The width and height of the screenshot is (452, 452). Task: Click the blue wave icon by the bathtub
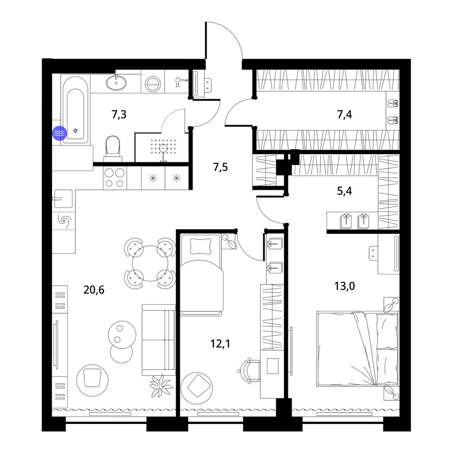[59, 133]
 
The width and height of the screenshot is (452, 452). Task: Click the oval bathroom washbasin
[116, 83]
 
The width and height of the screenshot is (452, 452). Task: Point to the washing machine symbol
[152, 84]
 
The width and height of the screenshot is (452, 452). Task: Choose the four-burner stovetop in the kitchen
[114, 178]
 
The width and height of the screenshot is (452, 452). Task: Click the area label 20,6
[94, 290]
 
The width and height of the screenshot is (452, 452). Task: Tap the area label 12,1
[221, 344]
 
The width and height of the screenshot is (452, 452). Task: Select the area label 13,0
[344, 286]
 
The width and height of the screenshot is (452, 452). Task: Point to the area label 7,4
[344, 115]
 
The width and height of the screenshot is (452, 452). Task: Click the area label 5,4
[344, 191]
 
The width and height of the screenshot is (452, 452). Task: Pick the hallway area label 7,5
[221, 167]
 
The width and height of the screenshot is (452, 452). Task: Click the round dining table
[150, 263]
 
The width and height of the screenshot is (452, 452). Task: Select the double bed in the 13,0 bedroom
[358, 348]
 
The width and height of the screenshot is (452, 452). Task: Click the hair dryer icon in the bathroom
[181, 82]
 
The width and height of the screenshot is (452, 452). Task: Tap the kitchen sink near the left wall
[62, 198]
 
